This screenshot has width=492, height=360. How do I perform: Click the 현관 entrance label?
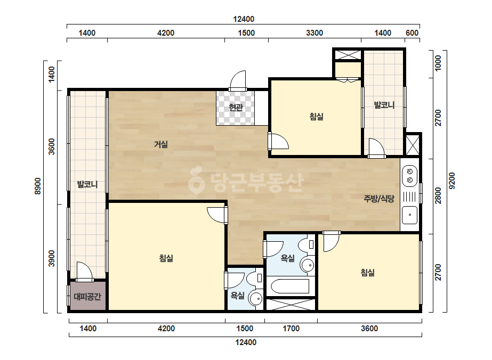pos(236,108)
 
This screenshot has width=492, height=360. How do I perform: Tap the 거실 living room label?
pos(160,144)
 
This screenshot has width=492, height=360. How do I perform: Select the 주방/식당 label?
pos(379,199)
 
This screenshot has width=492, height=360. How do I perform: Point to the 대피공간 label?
pos(87,297)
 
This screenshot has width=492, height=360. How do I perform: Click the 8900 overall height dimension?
pos(38,186)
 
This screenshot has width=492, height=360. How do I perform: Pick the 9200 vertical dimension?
pos(452,181)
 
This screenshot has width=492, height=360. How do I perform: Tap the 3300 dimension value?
pos(314,33)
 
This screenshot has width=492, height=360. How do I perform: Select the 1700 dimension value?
pos(291,329)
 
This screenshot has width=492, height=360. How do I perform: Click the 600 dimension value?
pos(412,33)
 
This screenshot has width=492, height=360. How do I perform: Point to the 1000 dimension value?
pos(438,63)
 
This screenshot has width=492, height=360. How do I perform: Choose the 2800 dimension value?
pos(438,195)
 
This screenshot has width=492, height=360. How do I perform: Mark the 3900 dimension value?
pos(52,259)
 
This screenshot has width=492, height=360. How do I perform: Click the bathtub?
pos(289,286)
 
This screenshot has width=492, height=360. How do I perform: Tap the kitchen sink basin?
pos(410,215)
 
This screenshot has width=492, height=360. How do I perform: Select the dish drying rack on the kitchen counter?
pos(409,197)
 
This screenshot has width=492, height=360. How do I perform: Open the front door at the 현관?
pos(238,81)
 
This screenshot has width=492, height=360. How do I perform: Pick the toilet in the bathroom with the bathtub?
pos(307,245)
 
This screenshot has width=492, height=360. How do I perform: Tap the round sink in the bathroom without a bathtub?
pos(256,298)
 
